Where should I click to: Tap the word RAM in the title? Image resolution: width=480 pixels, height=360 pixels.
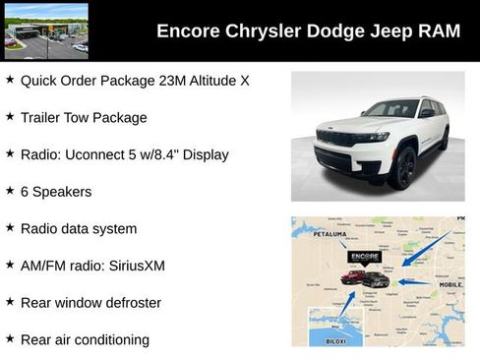click(438, 31)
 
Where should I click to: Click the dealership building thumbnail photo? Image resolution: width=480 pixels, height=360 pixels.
click(45, 30)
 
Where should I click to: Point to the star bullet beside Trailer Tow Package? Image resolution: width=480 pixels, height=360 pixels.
click(10, 116)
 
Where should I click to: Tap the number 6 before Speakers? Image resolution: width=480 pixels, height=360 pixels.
click(25, 191)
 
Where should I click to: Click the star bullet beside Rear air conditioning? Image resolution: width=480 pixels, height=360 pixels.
click(10, 338)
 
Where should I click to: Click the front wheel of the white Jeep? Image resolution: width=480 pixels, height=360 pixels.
click(402, 168)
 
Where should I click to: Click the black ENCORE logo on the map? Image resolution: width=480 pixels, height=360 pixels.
click(365, 257)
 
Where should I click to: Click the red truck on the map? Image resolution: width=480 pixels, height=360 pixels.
click(352, 278)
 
